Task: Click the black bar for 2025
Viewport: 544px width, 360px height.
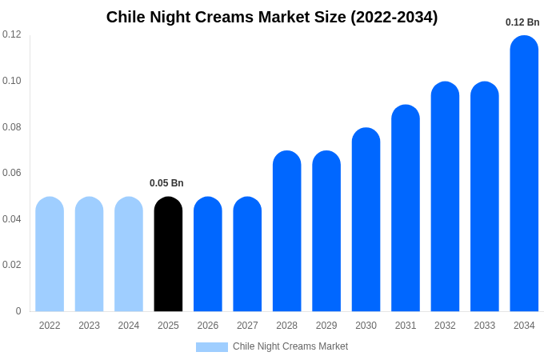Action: [x=168, y=254]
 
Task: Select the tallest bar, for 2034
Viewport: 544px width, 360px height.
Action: [x=524, y=174]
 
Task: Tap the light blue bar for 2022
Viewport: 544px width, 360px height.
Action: [x=50, y=254]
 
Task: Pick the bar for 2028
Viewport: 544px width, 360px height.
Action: [x=287, y=231]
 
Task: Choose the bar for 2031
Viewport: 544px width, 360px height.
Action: [x=406, y=208]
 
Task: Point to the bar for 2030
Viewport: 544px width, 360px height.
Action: [x=366, y=219]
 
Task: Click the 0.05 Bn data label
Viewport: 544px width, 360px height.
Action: [x=166, y=183]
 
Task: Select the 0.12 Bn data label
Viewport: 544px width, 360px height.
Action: [x=522, y=22]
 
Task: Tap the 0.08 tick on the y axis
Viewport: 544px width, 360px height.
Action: [x=12, y=127]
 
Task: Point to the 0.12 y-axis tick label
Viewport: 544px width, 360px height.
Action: [x=12, y=34]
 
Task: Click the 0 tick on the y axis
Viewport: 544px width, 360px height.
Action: [x=18, y=311]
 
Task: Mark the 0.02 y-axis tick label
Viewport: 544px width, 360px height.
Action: [x=12, y=265]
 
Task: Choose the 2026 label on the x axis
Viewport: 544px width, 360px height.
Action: [x=208, y=326]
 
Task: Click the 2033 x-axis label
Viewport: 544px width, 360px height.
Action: [x=485, y=326]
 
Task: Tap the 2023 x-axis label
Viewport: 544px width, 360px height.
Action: [x=89, y=326]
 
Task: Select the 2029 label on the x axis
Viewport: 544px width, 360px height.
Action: [x=326, y=326]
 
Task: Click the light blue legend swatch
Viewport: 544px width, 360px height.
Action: [x=212, y=347]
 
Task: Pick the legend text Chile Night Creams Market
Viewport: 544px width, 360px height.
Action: [x=290, y=346]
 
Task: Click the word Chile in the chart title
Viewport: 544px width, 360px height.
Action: [x=126, y=17]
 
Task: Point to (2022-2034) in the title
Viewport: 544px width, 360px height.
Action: [x=394, y=18]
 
